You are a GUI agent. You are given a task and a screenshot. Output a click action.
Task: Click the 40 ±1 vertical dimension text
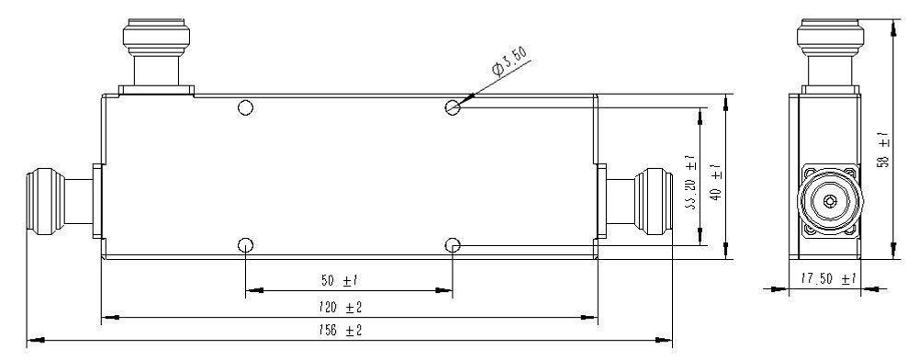click(x=715, y=175)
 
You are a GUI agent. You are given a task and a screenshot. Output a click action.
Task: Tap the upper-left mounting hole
click(x=245, y=108)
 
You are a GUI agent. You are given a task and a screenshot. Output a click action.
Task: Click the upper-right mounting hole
click(x=453, y=108)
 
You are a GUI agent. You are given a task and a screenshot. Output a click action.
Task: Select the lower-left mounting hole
click(x=245, y=245)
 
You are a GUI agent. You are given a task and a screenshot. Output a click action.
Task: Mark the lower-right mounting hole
click(x=453, y=245)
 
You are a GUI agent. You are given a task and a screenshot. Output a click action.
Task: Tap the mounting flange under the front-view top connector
click(x=157, y=90)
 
